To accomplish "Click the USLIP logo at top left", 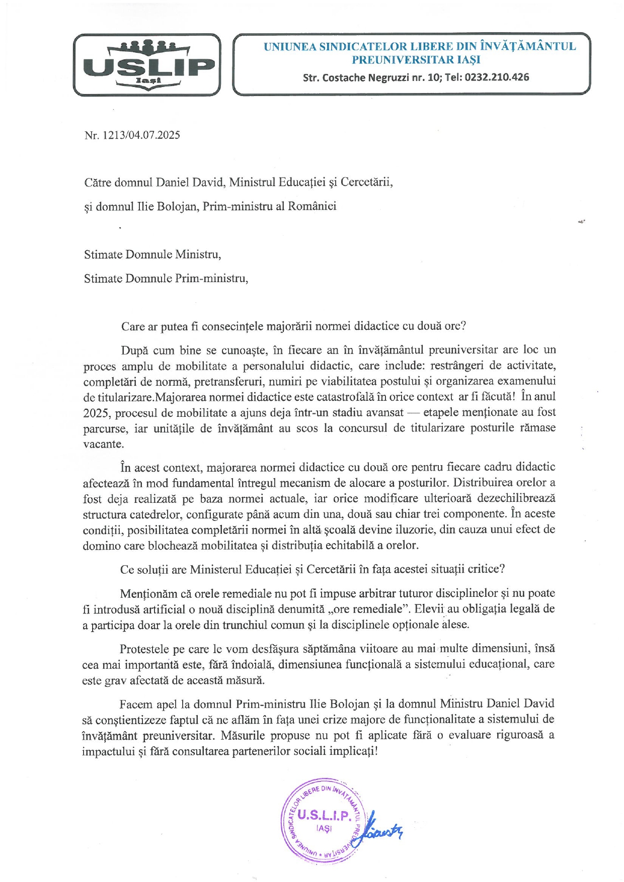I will click(147, 65).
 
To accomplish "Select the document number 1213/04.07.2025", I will click(141, 135).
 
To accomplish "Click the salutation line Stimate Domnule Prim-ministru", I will click(166, 279).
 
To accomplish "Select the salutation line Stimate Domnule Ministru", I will click(152, 254).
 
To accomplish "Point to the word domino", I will click(99, 546).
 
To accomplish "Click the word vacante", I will click(103, 445).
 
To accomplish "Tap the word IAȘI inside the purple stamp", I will click(324, 828).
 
